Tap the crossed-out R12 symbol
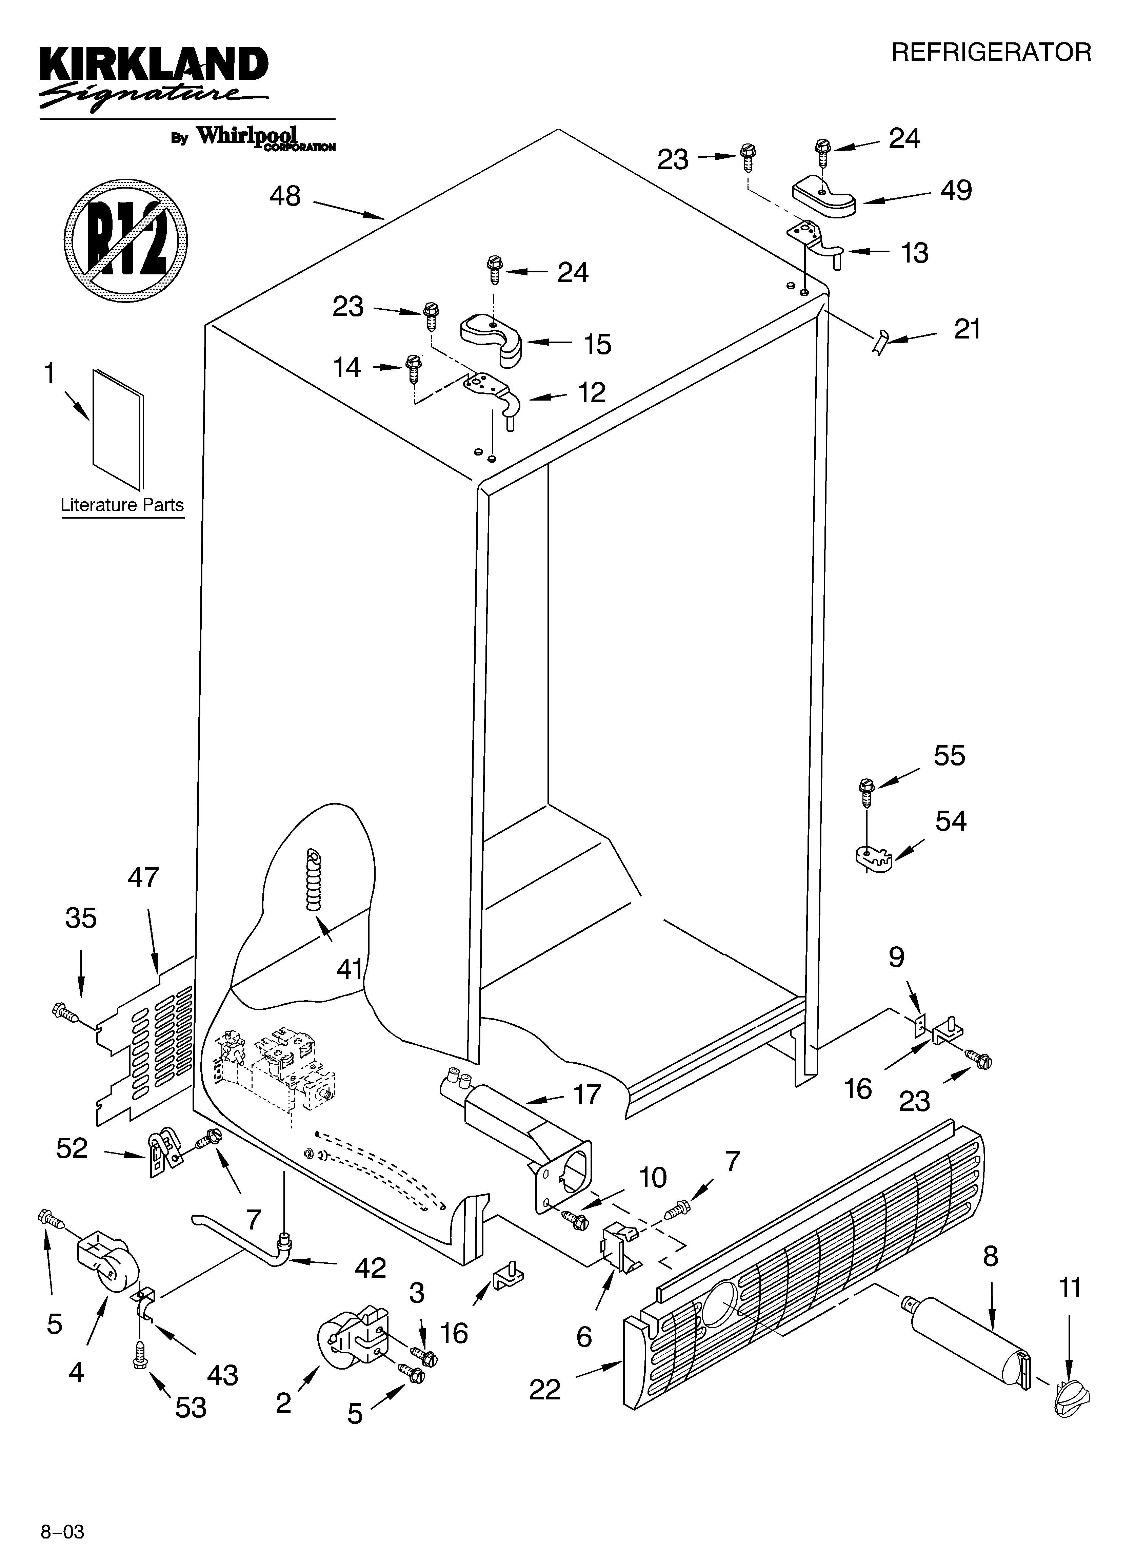pyautogui.click(x=126, y=240)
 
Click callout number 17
pyautogui.click(x=587, y=1095)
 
